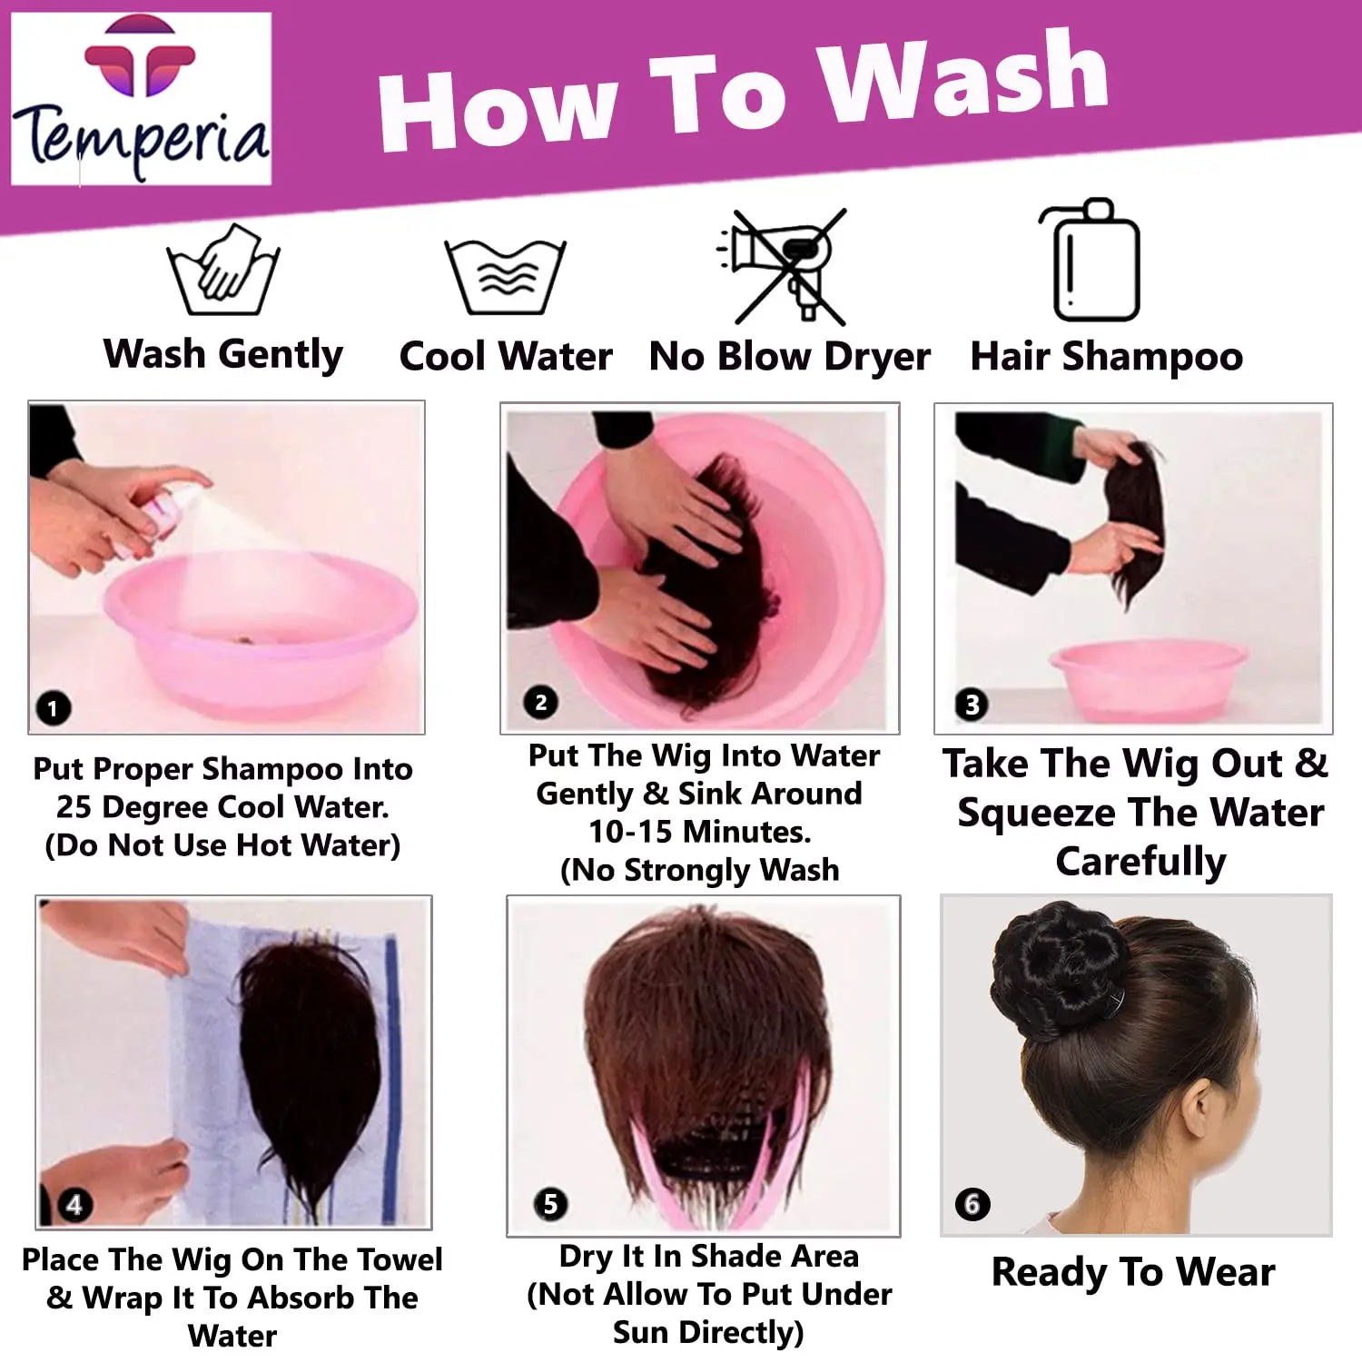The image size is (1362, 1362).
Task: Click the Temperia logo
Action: (141, 98)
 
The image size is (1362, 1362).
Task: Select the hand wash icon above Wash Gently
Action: (223, 270)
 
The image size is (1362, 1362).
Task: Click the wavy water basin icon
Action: (506, 276)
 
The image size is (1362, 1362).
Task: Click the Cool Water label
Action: (506, 356)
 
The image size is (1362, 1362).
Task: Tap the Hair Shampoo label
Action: (1106, 356)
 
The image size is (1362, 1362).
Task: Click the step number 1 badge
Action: (53, 707)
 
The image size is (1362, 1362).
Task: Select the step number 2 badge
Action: (541, 702)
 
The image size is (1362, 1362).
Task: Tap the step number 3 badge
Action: (972, 704)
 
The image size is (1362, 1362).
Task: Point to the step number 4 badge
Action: (74, 1204)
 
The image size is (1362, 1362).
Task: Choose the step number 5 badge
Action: (550, 1204)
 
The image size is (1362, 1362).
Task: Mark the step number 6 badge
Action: (972, 1204)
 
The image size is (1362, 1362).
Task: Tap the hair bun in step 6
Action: (1058, 972)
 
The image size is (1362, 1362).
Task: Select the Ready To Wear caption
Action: (1133, 1272)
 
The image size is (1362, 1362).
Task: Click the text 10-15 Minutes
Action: (699, 831)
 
